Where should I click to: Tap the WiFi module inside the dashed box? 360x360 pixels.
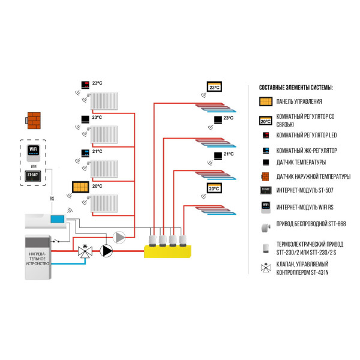click(34, 150)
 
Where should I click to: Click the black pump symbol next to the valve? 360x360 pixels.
click(107, 250)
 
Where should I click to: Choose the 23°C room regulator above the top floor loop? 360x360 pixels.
click(214, 87)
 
